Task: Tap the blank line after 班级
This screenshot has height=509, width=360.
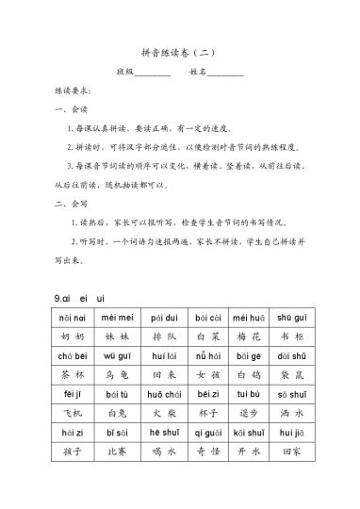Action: point(153,74)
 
